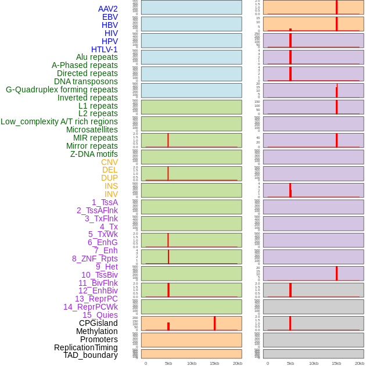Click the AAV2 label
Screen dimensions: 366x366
(x=108, y=9)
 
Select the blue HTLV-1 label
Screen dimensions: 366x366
(x=105, y=49)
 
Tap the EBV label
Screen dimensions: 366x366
(x=110, y=17)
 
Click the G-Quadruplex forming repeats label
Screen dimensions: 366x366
(x=62, y=89)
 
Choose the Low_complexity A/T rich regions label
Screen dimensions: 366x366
(x=59, y=121)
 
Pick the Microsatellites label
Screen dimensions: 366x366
(x=92, y=130)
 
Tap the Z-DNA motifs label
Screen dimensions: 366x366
(x=94, y=154)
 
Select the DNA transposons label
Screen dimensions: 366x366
(x=86, y=81)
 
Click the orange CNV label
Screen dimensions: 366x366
(x=109, y=162)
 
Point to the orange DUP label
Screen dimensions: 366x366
(x=109, y=178)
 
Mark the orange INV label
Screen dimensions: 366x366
(x=111, y=194)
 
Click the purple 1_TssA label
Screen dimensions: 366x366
(x=105, y=202)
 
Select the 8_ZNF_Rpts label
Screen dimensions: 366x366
(x=95, y=259)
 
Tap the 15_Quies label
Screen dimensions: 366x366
(x=100, y=315)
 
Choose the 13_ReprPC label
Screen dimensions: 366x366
(x=96, y=299)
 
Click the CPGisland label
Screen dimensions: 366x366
(x=98, y=323)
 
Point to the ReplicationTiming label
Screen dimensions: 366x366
(x=85, y=347)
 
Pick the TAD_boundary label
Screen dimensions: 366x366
(x=91, y=355)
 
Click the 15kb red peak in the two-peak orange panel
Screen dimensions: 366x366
(x=214, y=324)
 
